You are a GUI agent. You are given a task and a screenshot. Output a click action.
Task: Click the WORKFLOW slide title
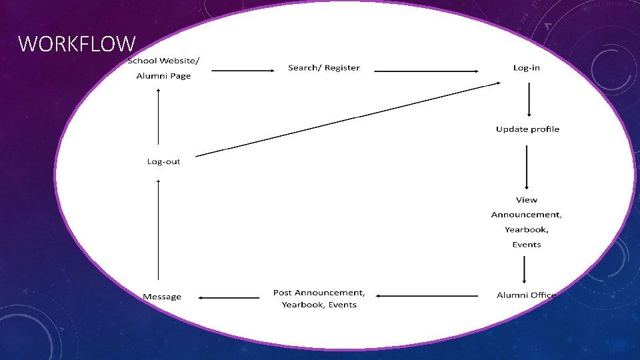click(x=77, y=44)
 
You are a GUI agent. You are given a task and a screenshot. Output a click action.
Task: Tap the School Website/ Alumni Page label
click(x=163, y=68)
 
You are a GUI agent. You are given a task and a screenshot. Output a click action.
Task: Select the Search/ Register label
click(x=324, y=68)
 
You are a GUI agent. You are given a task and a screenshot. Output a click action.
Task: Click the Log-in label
click(x=527, y=68)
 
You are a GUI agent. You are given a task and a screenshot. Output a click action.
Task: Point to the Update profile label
click(x=527, y=129)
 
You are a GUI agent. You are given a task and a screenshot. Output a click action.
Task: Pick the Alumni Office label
click(x=526, y=295)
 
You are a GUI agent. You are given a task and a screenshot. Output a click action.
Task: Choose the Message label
click(x=162, y=297)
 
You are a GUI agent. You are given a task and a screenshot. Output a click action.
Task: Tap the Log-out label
click(x=163, y=161)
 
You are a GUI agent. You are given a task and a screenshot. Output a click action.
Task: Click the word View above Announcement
click(x=527, y=200)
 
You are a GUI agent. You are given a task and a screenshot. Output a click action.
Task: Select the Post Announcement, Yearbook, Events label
click(x=319, y=299)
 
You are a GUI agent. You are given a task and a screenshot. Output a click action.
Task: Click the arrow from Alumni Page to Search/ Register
click(x=243, y=71)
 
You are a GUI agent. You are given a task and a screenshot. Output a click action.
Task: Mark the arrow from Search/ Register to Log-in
click(x=426, y=71)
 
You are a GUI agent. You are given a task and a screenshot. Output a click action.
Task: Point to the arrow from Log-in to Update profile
click(x=529, y=99)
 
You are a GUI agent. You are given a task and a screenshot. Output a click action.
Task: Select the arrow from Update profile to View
click(x=527, y=167)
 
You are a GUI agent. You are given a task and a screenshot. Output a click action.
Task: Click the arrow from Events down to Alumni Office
click(x=524, y=270)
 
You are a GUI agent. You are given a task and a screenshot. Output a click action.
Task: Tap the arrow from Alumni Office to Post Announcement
click(x=427, y=296)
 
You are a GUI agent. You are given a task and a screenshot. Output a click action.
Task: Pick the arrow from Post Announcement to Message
click(x=229, y=297)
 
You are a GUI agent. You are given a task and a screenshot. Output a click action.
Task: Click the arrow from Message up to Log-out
click(x=159, y=230)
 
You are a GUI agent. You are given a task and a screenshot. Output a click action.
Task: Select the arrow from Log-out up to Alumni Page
click(x=159, y=117)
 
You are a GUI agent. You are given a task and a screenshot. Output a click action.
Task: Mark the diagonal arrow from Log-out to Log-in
click(x=348, y=119)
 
